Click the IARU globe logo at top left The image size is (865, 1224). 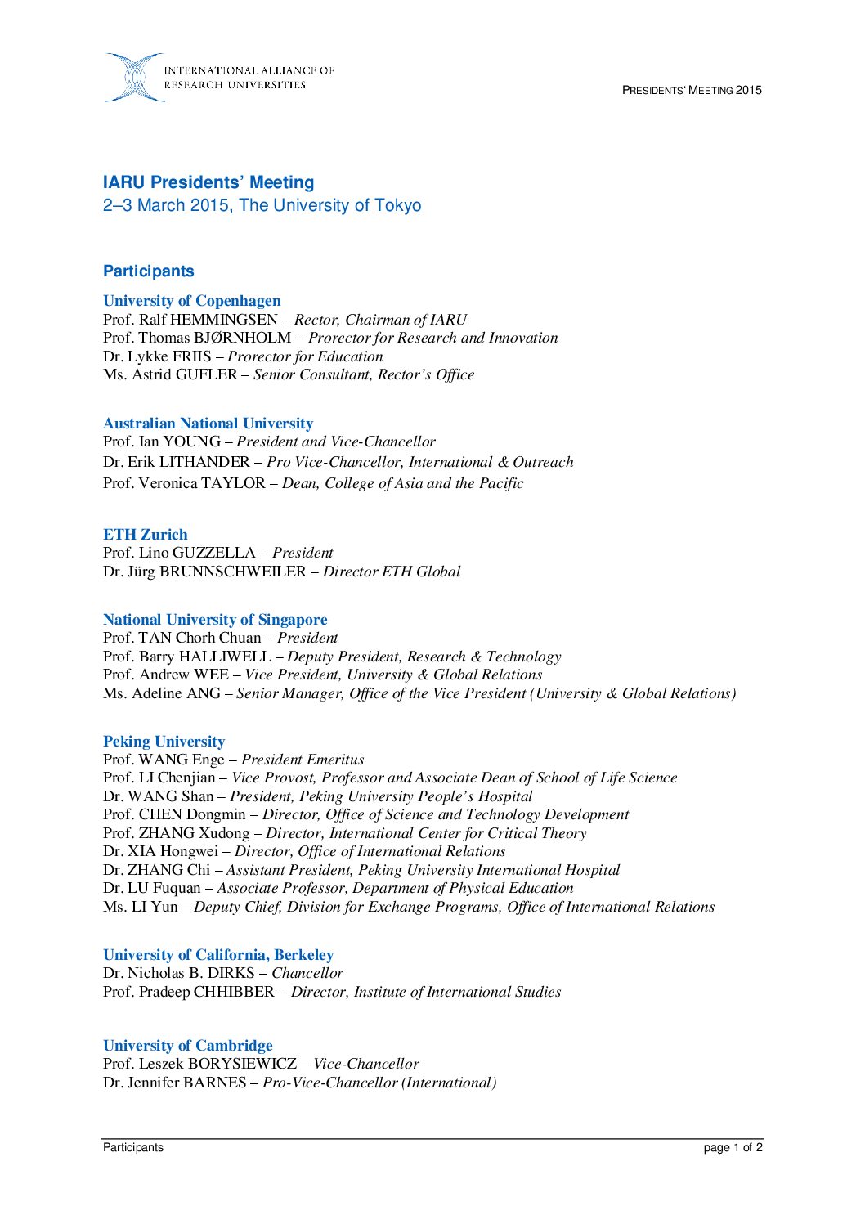pos(134,78)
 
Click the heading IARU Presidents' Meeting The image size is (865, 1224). pos(208,182)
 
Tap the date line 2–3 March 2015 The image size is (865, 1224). pos(262,205)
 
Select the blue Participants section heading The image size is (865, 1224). pos(148,271)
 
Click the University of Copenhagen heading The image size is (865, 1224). pos(191,301)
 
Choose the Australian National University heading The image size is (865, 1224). pos(208,424)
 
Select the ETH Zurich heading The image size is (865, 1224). pos(145,535)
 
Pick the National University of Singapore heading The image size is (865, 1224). pos(215,620)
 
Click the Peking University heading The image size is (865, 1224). pos(164,742)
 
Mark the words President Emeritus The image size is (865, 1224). pos(303,760)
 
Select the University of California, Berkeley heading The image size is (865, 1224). pos(218,955)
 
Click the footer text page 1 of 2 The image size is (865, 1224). pos(733,1147)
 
